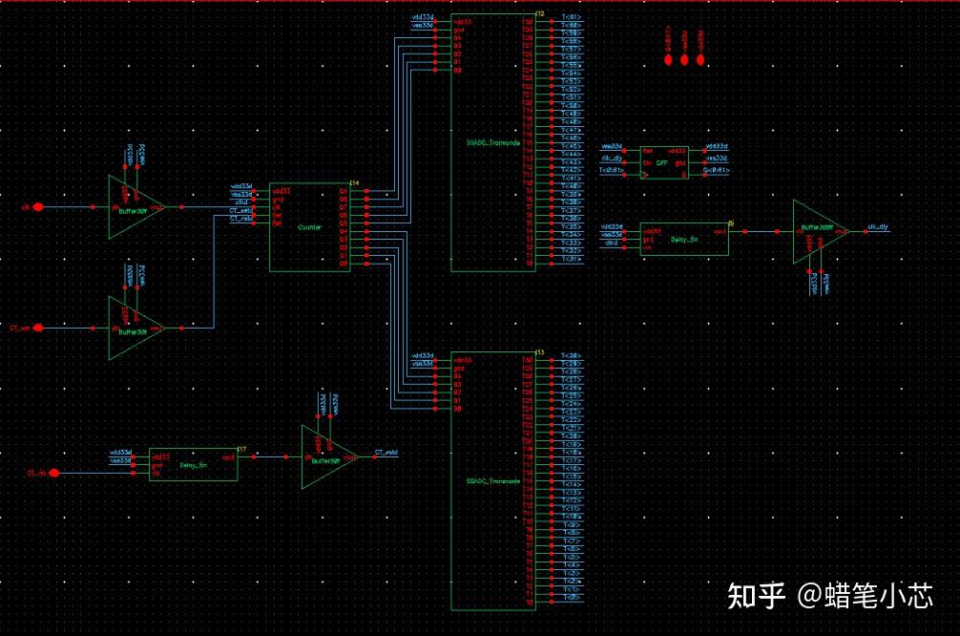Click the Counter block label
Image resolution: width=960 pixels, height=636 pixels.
pyautogui.click(x=309, y=227)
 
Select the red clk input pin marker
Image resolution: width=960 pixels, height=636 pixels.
pyautogui.click(x=39, y=206)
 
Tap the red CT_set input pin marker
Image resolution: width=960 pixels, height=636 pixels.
pyautogui.click(x=39, y=328)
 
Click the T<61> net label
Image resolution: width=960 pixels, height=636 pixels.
pyautogui.click(x=572, y=15)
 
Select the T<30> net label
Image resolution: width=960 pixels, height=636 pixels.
pyautogui.click(x=572, y=355)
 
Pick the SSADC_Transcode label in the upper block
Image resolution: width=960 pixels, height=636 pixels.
pyautogui.click(x=494, y=141)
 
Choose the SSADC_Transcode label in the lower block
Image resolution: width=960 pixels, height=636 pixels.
pyautogui.click(x=494, y=480)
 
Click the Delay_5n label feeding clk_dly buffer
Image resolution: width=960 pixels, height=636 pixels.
pyautogui.click(x=685, y=240)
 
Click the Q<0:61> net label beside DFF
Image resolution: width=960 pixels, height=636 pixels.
pyautogui.click(x=715, y=171)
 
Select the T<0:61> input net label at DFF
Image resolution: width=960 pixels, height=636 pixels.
pyautogui.click(x=612, y=171)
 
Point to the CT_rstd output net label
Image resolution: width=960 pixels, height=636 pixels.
pyautogui.click(x=386, y=453)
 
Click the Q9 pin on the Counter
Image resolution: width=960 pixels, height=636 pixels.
pyautogui.click(x=344, y=190)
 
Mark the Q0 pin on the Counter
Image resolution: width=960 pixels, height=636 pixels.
pyautogui.click(x=344, y=264)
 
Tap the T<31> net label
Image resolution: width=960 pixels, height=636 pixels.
pyautogui.click(x=572, y=259)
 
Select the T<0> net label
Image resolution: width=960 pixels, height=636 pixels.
pyautogui.click(x=572, y=598)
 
